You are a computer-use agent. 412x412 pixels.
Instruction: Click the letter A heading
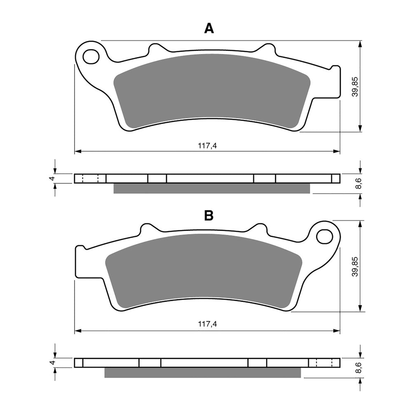click(209, 28)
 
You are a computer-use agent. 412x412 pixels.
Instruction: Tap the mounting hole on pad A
click(91, 56)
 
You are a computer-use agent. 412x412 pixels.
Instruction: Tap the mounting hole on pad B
click(324, 236)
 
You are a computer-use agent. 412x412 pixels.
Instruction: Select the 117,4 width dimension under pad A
click(207, 145)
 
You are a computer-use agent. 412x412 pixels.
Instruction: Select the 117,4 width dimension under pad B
click(207, 324)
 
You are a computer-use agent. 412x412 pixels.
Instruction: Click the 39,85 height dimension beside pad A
click(355, 87)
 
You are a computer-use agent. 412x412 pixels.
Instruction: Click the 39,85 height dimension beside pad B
click(355, 266)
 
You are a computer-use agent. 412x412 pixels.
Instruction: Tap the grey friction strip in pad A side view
click(211, 188)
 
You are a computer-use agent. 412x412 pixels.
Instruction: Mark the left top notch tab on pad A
click(156, 49)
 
